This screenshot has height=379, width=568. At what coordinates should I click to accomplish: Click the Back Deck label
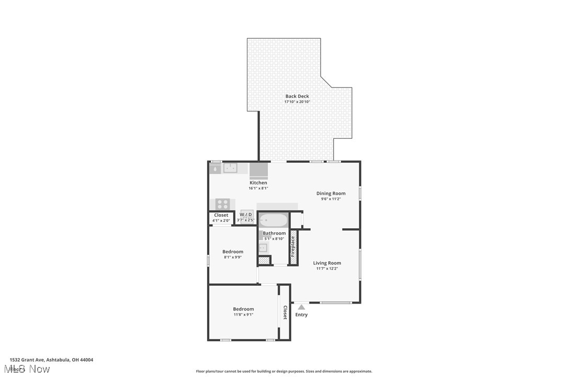tap(297, 96)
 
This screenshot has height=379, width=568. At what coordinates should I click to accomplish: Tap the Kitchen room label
tap(258, 183)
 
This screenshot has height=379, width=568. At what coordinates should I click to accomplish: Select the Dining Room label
tap(331, 193)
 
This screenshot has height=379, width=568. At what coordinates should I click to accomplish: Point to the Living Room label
tap(327, 263)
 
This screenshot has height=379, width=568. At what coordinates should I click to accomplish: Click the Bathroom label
tap(274, 233)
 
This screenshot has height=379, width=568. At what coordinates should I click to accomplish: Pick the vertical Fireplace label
tap(293, 247)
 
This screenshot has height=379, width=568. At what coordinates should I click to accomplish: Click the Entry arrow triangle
tap(301, 307)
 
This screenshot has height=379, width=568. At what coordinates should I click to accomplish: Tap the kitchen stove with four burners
tap(222, 204)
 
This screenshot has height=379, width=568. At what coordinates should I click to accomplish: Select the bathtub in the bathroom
tap(274, 220)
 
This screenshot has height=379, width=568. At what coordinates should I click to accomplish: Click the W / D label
tap(246, 215)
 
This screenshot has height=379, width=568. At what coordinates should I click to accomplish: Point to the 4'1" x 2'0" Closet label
tap(221, 215)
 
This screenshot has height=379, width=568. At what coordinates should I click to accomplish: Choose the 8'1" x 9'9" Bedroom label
tap(233, 252)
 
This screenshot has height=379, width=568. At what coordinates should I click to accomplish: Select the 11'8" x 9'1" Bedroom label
tap(243, 309)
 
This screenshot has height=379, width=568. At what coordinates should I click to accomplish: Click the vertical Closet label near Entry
tap(285, 313)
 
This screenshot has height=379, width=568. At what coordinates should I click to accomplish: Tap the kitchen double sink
tap(230, 168)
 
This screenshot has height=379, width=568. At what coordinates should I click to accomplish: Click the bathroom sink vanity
tap(263, 248)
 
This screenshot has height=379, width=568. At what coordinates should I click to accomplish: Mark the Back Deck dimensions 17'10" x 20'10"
tap(297, 102)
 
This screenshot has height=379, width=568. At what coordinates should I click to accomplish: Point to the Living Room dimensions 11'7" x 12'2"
tap(327, 269)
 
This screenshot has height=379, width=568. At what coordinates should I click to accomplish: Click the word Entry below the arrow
tap(302, 315)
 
